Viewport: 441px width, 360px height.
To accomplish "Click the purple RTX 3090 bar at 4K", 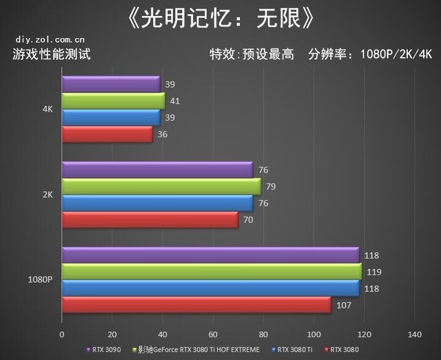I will tap(110, 84).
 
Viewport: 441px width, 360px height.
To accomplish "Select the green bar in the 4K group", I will tap(113, 101).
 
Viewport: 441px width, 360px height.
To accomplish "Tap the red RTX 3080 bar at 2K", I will tap(150, 220).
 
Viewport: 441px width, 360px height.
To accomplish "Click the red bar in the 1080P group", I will tap(196, 305).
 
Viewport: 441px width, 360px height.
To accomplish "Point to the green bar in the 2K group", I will tap(161, 186).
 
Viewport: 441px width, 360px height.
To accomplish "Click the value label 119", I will tap(372, 272).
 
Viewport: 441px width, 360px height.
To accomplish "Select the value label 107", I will tap(342, 305).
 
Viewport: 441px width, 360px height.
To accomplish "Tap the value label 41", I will tap(174, 101).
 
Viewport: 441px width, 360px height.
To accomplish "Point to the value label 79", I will tap(270, 186).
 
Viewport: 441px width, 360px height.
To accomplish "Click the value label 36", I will tap(163, 135).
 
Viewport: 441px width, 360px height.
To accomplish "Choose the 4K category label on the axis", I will tap(48, 109).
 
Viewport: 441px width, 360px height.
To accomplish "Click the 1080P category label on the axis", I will tap(41, 280).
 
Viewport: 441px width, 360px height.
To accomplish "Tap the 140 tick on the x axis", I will tap(414, 334).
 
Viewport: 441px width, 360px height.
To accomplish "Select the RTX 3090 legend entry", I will tap(106, 350).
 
